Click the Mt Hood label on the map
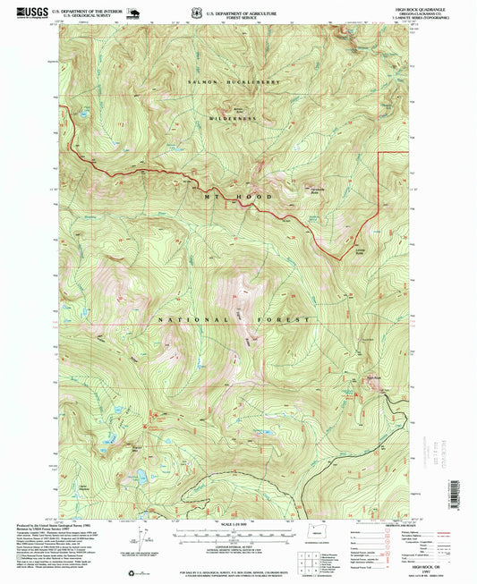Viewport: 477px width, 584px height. [225, 190]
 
